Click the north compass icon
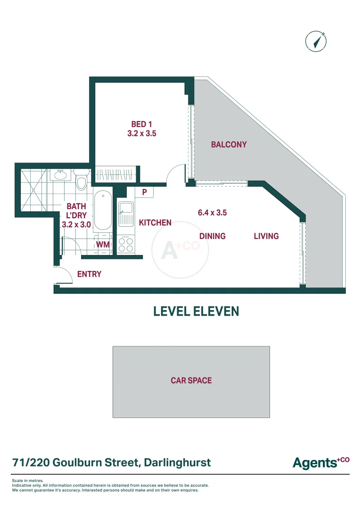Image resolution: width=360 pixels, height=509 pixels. (x=316, y=41)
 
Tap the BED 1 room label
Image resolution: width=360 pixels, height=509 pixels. (x=141, y=124)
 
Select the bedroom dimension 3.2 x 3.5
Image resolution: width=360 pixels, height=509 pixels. (x=141, y=133)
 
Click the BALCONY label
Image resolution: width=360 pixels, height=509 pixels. (x=229, y=145)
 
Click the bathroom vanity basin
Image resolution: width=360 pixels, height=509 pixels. (x=60, y=175)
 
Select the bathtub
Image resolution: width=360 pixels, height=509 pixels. (x=102, y=211)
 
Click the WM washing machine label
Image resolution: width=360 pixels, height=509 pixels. (x=103, y=245)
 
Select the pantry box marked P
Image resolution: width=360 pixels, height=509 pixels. (x=144, y=192)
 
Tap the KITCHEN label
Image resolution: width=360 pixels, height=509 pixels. (x=155, y=222)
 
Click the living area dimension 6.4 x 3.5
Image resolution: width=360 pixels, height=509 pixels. (x=212, y=213)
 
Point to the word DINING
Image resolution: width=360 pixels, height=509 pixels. (x=212, y=236)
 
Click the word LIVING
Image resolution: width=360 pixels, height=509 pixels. (x=266, y=236)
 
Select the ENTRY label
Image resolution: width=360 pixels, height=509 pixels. (x=89, y=274)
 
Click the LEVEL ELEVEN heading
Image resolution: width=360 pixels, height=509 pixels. (x=196, y=311)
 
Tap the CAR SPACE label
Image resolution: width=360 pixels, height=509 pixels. (x=191, y=380)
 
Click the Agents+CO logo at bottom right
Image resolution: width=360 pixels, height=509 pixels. (x=320, y=462)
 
